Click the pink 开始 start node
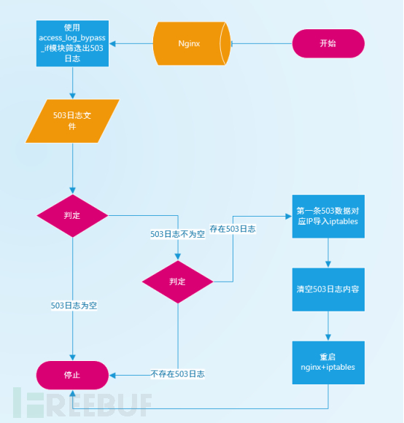tap(328, 43)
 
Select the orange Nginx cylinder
tap(192, 43)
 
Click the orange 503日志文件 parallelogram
tap(71, 121)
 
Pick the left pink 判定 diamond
tap(72, 215)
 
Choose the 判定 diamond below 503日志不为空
tap(177, 282)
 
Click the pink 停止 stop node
tap(71, 375)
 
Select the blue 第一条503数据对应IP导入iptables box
tap(327, 216)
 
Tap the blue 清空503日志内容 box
tap(327, 290)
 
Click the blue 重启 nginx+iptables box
tap(327, 362)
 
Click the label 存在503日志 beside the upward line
tap(233, 230)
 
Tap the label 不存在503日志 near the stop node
tap(177, 373)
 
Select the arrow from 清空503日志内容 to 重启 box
tap(327, 326)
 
